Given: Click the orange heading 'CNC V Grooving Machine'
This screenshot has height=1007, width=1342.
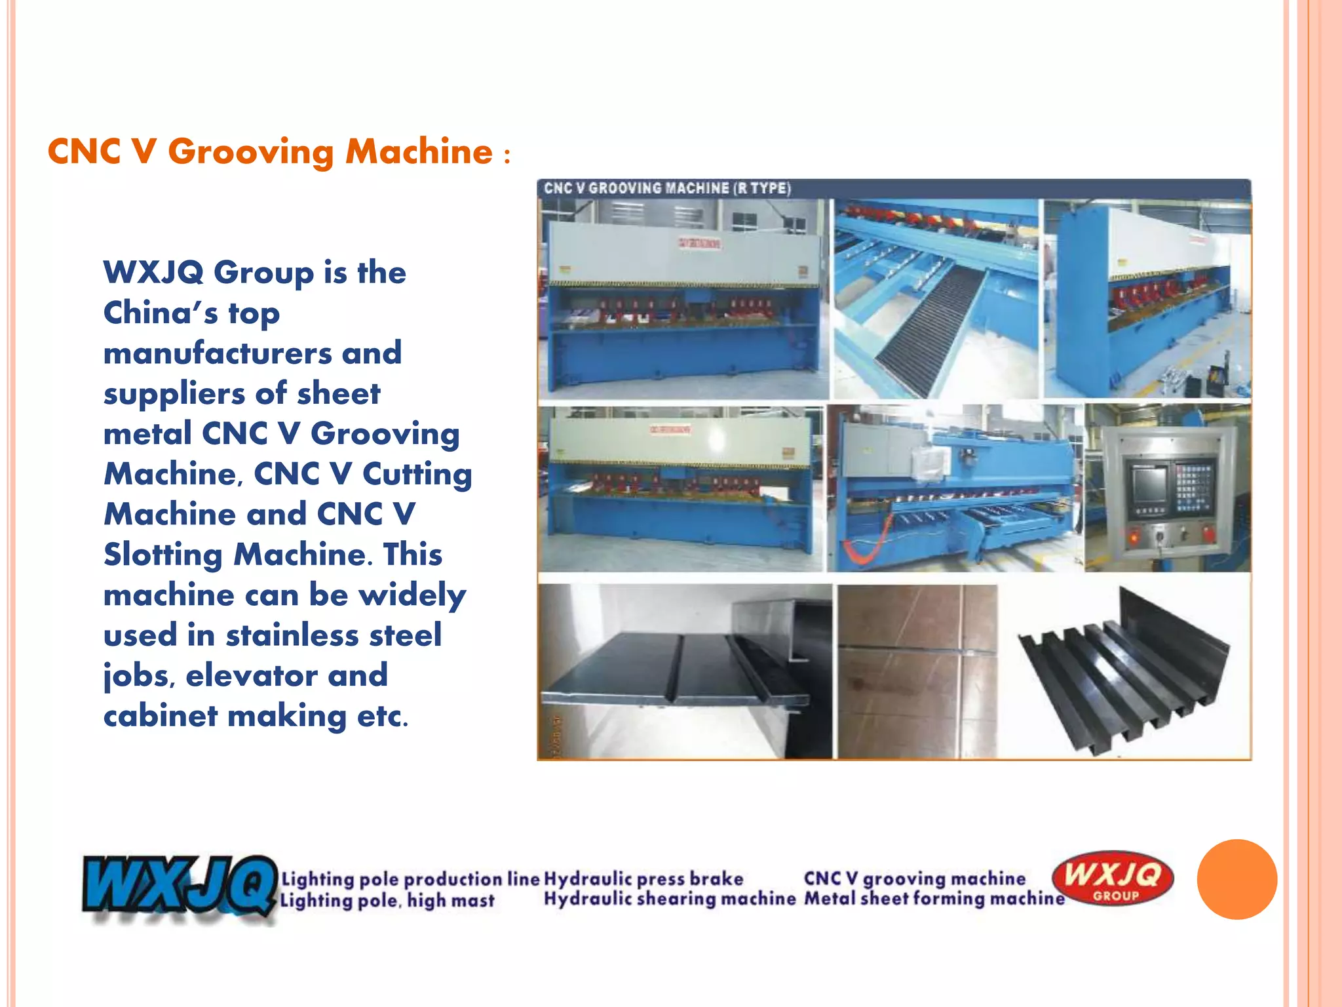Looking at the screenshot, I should [x=270, y=152].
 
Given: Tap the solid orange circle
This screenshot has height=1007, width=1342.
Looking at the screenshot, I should [x=1237, y=879].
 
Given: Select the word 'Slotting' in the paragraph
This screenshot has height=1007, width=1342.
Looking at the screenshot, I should [x=163, y=555].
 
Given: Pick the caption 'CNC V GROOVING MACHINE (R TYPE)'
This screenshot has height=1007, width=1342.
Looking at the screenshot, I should [x=667, y=189].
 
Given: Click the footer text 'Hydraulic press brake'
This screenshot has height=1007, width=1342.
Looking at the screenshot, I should [x=643, y=879].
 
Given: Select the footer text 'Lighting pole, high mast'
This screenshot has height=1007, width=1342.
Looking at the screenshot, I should [x=387, y=900].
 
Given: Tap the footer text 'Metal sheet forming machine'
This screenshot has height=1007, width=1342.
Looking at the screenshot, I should [x=934, y=898].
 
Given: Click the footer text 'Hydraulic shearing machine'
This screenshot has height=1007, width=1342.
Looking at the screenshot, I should [x=669, y=898].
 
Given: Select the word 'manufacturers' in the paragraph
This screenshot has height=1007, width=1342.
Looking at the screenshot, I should [x=218, y=353].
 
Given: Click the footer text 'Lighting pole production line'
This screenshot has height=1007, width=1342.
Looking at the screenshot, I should [x=410, y=879].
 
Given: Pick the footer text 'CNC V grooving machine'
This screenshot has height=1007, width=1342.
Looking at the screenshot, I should [x=915, y=879].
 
